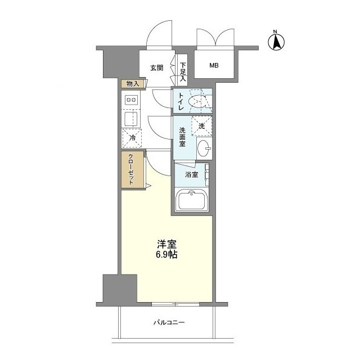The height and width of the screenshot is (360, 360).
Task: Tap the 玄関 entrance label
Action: (x=157, y=67)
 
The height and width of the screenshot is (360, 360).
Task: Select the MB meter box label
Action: (x=214, y=66)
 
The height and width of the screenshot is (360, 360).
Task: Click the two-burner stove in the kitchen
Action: (x=131, y=100)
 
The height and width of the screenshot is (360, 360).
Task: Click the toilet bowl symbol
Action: (x=198, y=102)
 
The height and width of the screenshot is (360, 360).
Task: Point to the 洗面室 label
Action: (x=182, y=137)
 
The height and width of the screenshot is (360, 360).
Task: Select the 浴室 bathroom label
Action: (x=192, y=174)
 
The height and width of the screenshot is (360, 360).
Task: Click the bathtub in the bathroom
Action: (x=193, y=200)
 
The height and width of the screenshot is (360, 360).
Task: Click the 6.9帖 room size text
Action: (x=168, y=254)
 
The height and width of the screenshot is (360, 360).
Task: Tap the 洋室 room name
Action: (x=167, y=245)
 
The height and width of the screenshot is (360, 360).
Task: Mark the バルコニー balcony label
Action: (x=169, y=323)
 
